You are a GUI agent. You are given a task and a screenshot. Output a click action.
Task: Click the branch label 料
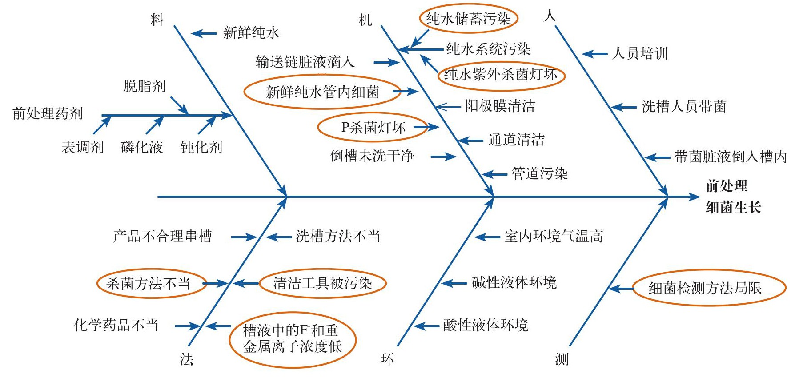tap(157, 20)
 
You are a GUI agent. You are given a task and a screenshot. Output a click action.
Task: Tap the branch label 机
tap(365, 20)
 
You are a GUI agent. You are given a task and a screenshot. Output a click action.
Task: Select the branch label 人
tap(550, 16)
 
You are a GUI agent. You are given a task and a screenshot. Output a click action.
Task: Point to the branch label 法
tap(187, 359)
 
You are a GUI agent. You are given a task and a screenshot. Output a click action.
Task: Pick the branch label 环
tap(387, 359)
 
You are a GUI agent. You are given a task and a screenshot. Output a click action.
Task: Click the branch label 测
tap(562, 359)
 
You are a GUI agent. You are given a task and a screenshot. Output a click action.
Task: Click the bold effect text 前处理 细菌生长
tap(733, 197)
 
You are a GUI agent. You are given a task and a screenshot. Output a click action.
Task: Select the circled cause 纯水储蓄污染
tap(468, 19)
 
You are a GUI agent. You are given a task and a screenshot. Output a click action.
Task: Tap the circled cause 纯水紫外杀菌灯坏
tap(501, 75)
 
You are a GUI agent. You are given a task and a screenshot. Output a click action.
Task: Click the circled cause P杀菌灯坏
tap(373, 128)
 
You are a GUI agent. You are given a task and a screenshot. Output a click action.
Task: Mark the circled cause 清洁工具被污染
tap(322, 283)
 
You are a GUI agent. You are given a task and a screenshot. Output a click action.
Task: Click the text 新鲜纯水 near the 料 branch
tap(251, 32)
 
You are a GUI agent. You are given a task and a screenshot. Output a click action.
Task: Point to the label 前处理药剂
tap(48, 113)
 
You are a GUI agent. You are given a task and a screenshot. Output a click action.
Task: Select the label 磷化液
tap(142, 147)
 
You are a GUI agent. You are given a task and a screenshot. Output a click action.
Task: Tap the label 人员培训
tap(640, 53)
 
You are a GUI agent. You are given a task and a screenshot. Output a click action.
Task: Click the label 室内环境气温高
tap(554, 237)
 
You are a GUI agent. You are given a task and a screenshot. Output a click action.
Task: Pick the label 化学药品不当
tap(116, 325)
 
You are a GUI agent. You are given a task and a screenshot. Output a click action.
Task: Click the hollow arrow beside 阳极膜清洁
tap(448, 107)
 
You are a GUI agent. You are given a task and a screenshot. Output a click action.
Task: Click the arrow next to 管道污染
tap(494, 174)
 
